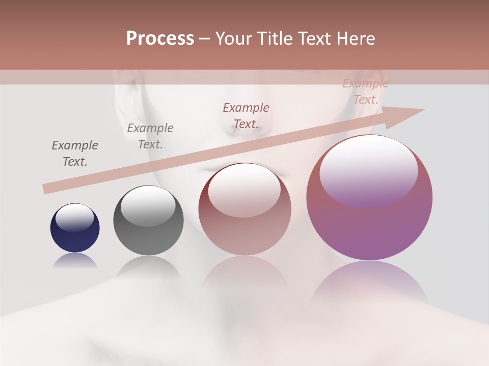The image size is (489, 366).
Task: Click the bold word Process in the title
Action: coord(160,39)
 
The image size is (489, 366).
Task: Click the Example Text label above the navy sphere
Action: coord(75,154)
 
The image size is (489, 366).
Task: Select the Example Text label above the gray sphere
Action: coord(150,136)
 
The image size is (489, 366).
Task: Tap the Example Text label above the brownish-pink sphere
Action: coord(246,116)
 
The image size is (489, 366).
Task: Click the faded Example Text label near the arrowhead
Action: coord(365,91)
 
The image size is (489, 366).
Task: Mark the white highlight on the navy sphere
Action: coord(74,218)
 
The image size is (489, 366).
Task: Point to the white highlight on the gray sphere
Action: coord(148,206)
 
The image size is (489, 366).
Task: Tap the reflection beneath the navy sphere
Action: coord(75,261)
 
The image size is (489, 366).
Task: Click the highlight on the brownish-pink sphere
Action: coord(244,189)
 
